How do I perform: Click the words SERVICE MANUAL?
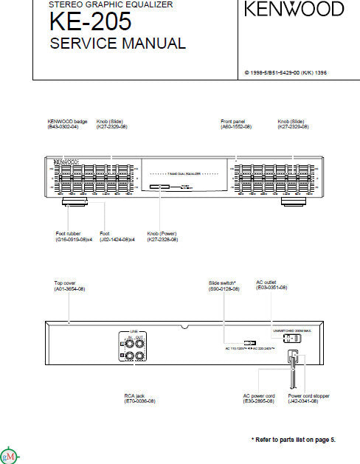(x=117, y=44)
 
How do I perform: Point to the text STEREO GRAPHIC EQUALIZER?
(x=111, y=4)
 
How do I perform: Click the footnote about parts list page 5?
(x=293, y=440)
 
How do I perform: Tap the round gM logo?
(x=9, y=454)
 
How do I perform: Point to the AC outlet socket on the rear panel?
(x=294, y=339)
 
